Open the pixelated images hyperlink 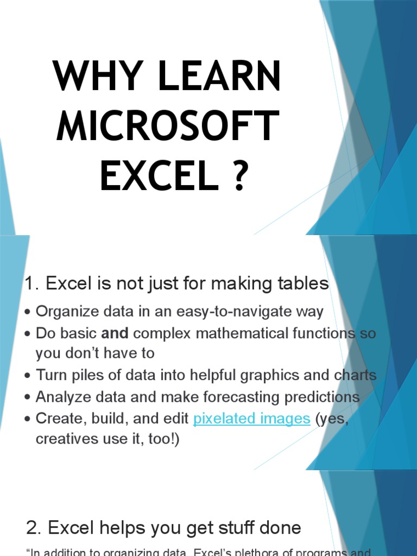pos(251,419)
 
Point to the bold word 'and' pos(115,333)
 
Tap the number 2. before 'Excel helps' pos(34,527)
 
